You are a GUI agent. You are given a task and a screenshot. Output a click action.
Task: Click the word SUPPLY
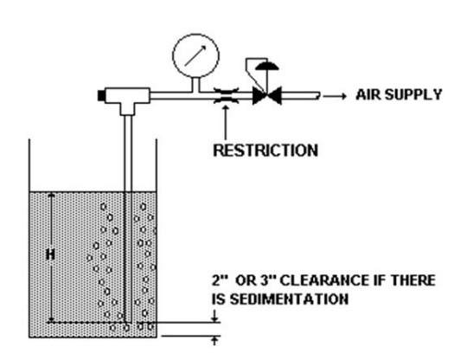point(413,95)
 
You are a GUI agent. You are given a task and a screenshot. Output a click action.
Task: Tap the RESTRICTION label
point(265,150)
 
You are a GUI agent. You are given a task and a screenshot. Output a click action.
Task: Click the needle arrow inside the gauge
point(195,55)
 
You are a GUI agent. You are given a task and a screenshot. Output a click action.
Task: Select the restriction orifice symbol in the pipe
point(227,95)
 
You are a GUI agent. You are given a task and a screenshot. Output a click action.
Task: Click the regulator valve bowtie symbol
point(267,96)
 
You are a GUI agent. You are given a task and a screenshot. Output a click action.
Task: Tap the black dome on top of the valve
point(267,66)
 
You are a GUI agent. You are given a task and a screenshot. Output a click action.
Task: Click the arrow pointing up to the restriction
point(226,122)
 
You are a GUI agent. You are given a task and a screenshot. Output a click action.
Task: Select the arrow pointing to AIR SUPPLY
point(335,96)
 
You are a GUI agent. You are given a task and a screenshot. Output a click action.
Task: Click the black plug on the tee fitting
point(101,95)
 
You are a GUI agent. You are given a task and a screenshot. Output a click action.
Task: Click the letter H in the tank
point(51,254)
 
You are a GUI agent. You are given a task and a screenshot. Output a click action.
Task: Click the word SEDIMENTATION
point(289,299)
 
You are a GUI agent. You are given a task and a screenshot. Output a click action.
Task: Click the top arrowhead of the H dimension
point(52,196)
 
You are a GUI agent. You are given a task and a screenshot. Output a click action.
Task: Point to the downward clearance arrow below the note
point(214,316)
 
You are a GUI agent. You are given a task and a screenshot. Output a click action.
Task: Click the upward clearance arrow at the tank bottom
point(214,341)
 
